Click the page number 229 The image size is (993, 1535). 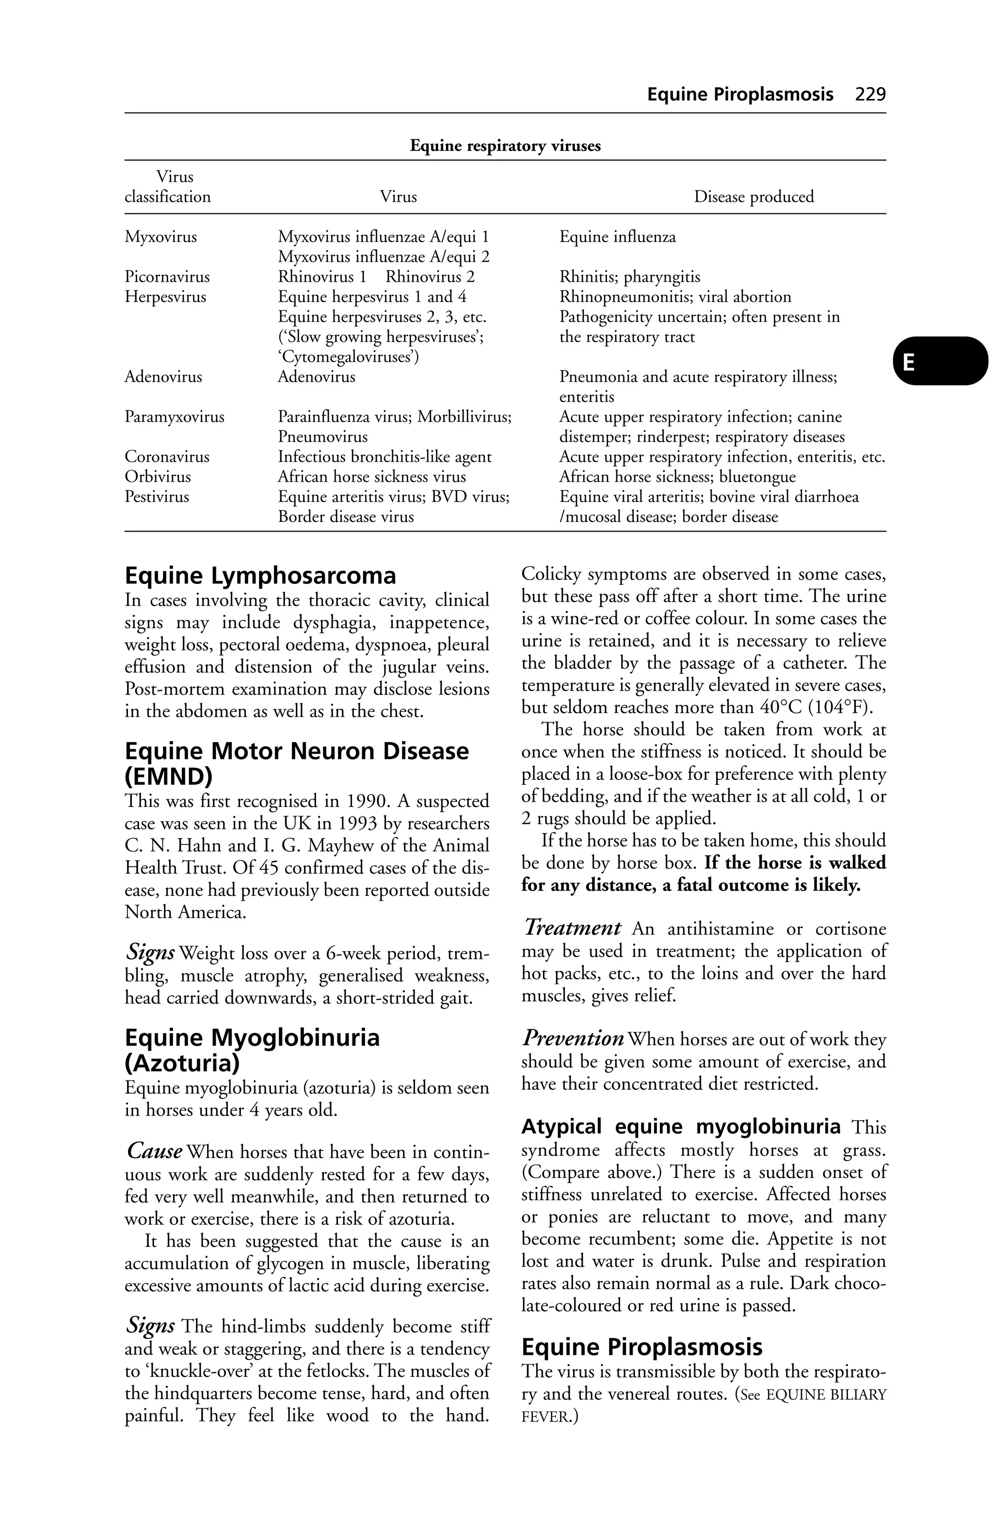pos(870,95)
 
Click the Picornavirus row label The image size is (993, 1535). pos(167,277)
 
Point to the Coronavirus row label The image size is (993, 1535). pos(167,457)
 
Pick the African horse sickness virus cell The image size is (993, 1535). pos(371,477)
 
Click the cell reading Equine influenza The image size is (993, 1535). pos(617,237)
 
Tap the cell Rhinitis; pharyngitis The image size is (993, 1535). pos(629,277)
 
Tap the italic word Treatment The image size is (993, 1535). pos(572,928)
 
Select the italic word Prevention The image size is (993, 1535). pos(573,1038)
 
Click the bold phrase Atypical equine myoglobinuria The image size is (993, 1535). pos(680,1127)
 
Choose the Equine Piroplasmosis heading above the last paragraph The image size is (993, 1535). pos(641,1347)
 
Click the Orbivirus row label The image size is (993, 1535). pos(158,477)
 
